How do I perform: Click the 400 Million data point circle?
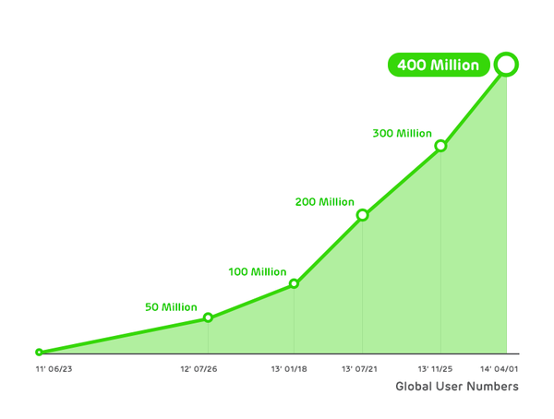[506, 65]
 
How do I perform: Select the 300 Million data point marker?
[440, 146]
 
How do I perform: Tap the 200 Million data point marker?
[362, 215]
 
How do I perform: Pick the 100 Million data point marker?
[294, 283]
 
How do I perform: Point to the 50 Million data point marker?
[208, 317]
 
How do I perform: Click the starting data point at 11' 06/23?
[39, 352]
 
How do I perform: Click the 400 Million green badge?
[439, 66]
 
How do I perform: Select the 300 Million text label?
[402, 134]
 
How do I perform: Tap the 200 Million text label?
[324, 202]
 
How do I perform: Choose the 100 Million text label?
[257, 271]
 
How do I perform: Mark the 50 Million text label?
[171, 306]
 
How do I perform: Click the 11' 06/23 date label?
[54, 369]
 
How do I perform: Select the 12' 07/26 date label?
[199, 369]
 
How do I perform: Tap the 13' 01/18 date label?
[289, 369]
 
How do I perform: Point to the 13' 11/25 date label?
[438, 369]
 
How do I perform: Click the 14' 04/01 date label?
[500, 369]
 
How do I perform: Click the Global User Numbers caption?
[456, 387]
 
